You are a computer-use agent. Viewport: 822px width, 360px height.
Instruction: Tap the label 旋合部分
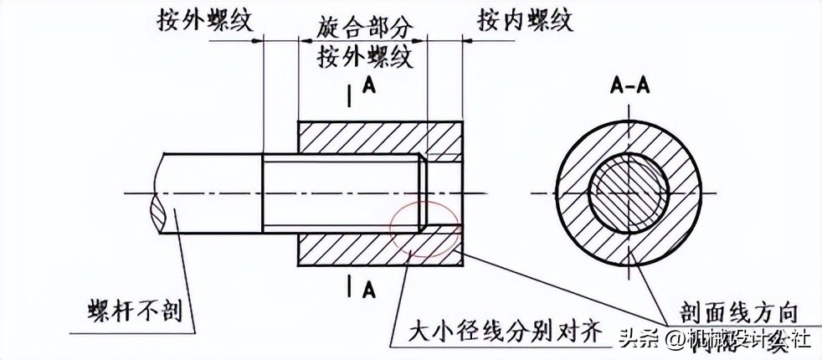pyautogui.click(x=367, y=28)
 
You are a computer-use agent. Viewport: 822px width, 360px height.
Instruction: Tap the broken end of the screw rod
pyautogui.click(x=162, y=194)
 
